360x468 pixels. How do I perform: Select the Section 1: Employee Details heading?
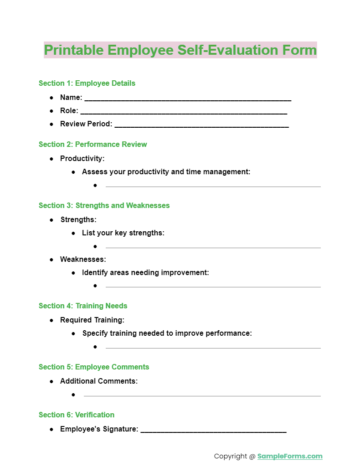pos(87,83)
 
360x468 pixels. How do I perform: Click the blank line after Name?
pos(188,99)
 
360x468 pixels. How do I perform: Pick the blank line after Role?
pos(184,112)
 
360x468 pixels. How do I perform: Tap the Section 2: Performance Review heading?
pos(93,144)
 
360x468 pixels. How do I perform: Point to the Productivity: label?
pos(82,158)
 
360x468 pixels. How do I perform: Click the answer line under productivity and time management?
pos(213,186)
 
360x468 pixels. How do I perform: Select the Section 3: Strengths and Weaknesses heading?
pos(104,205)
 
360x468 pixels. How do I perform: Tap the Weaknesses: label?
pos(83,259)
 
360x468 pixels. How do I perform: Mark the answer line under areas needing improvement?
pos(213,286)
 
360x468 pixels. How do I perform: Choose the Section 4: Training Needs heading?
pos(83,306)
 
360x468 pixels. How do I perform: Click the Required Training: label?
pos(92,320)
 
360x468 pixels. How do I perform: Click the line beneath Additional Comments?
pos(202,395)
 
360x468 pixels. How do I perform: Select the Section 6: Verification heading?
pos(77,415)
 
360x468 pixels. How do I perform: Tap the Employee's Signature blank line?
pos(213,430)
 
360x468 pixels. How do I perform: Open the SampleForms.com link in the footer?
pos(290,456)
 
